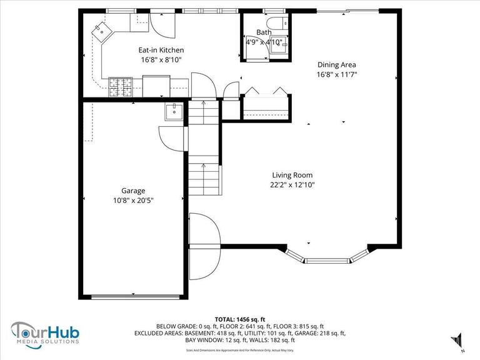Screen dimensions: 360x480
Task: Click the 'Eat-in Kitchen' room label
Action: [161, 50]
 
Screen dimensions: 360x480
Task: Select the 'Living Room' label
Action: [292, 175]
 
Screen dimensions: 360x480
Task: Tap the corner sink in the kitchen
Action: [100, 29]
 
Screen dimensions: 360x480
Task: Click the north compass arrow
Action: [457, 339]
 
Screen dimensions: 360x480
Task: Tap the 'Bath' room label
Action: [263, 32]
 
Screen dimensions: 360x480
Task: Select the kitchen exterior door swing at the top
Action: [157, 23]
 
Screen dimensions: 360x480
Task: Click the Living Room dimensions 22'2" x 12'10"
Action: [292, 184]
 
